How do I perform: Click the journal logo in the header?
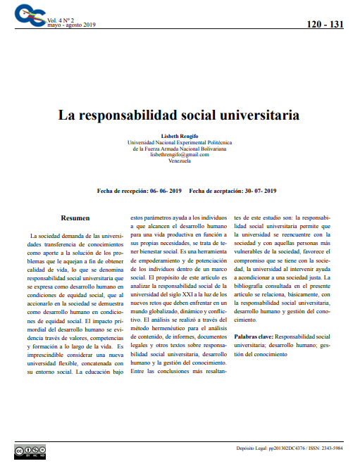click(x=30, y=13)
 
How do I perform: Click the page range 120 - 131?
click(x=325, y=25)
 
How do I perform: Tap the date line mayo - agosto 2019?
click(x=70, y=25)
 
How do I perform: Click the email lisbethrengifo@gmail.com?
click(x=180, y=154)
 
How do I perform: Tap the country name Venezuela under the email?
click(x=180, y=160)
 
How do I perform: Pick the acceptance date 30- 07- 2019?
click(x=261, y=191)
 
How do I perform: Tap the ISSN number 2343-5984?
click(x=328, y=448)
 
